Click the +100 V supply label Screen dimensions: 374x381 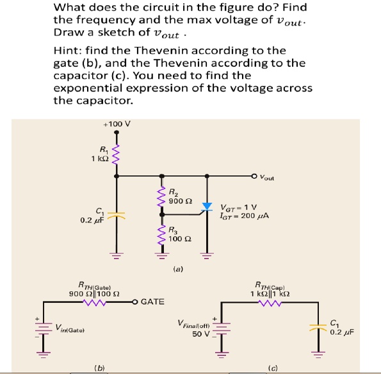click(x=117, y=124)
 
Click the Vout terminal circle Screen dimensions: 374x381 click(x=255, y=174)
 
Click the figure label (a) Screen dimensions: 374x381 click(x=179, y=269)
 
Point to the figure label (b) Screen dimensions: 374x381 click(x=100, y=368)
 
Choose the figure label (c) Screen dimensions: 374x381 click(x=273, y=368)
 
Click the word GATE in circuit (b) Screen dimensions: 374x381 click(x=152, y=301)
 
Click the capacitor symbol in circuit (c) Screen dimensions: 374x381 click(x=315, y=327)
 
